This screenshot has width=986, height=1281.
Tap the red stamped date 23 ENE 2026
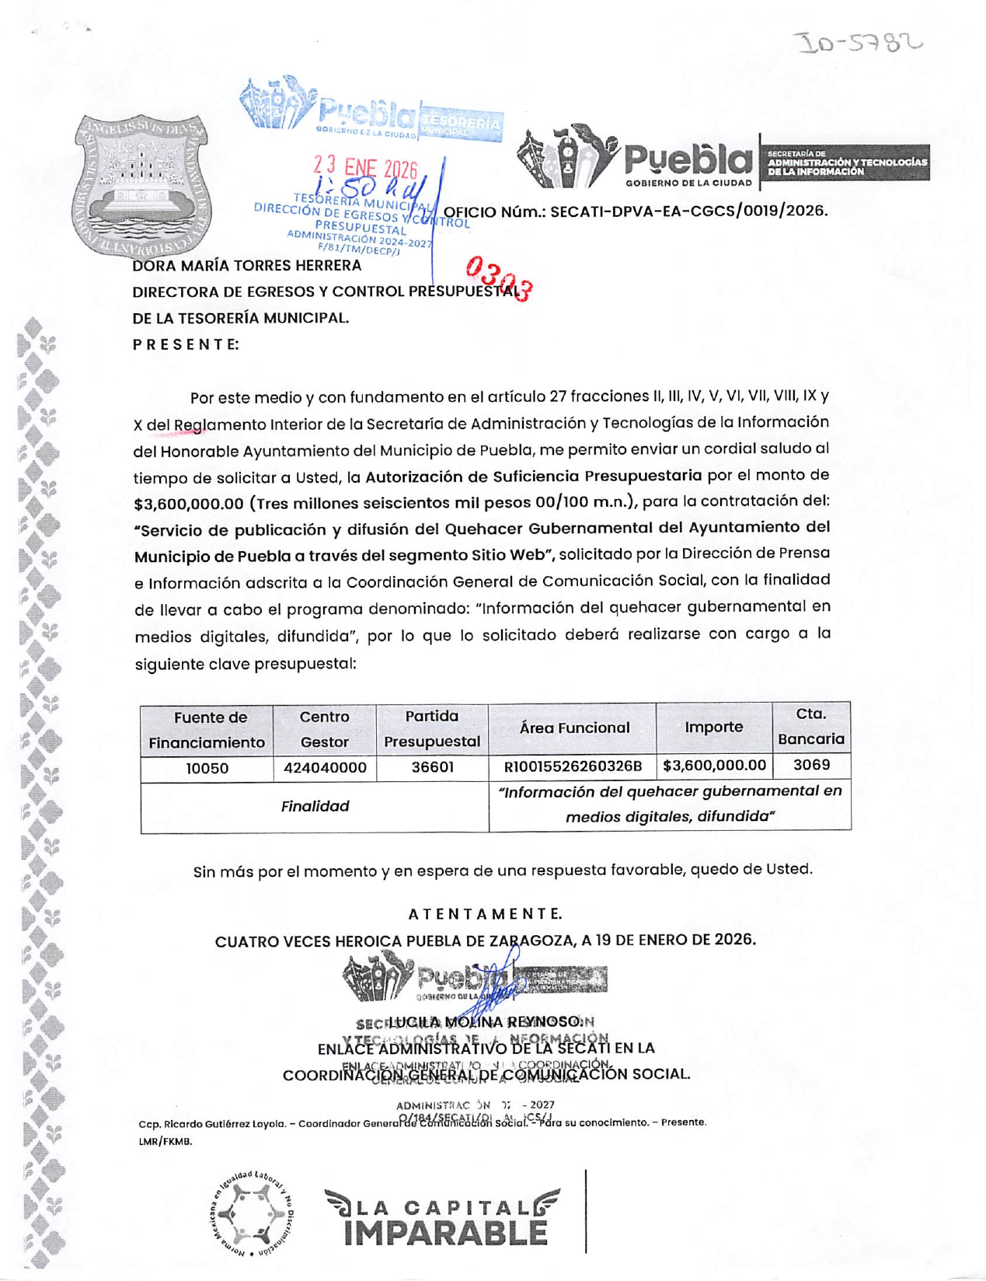[x=365, y=166]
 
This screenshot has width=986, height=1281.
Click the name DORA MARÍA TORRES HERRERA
[x=247, y=266]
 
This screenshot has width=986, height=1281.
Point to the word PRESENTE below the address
[x=186, y=344]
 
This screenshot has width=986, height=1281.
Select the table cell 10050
[x=207, y=768]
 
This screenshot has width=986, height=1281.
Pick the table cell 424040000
[x=324, y=768]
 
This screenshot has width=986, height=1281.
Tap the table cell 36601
[x=432, y=768]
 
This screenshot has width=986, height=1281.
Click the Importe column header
[x=713, y=728]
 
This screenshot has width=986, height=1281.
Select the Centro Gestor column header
[x=324, y=729]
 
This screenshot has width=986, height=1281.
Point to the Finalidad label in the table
[x=315, y=807]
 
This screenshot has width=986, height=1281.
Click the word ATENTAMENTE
[x=485, y=914]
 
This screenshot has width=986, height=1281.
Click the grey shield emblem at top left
[x=142, y=187]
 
